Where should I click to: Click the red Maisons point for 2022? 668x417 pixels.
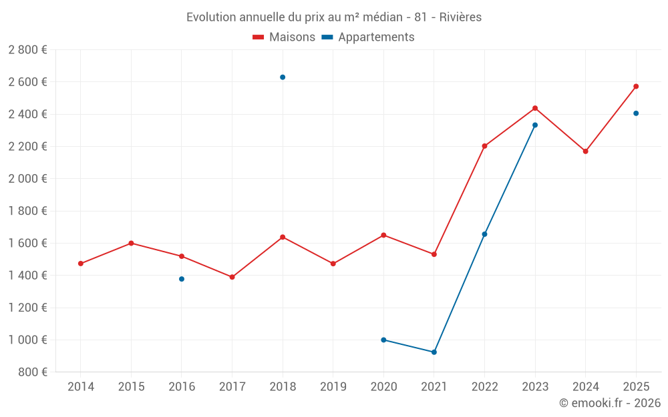point(484,146)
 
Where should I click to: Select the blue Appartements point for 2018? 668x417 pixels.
point(283,77)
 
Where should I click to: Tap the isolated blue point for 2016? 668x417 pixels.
point(182,279)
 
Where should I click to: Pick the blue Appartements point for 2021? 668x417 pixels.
point(434,352)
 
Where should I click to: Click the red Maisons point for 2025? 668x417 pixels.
point(636,86)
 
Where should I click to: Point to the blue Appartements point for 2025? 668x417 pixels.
point(636,113)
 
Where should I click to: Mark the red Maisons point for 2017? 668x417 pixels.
point(232,277)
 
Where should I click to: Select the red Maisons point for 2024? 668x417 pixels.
point(585,151)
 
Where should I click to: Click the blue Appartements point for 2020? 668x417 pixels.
point(383,340)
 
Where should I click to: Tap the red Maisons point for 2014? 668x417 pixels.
point(81,264)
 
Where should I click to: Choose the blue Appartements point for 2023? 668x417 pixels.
point(535,125)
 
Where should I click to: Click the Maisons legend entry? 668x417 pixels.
point(284,37)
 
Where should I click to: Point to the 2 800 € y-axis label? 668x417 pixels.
point(27,50)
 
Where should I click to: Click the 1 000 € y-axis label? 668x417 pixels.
point(27,340)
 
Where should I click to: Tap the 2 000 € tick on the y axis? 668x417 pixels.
point(27,179)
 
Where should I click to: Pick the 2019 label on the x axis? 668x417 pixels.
point(333,387)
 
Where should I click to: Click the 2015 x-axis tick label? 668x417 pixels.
point(131,387)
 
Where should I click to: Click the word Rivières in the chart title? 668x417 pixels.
point(460,17)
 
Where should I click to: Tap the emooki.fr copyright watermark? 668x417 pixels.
point(610,403)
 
